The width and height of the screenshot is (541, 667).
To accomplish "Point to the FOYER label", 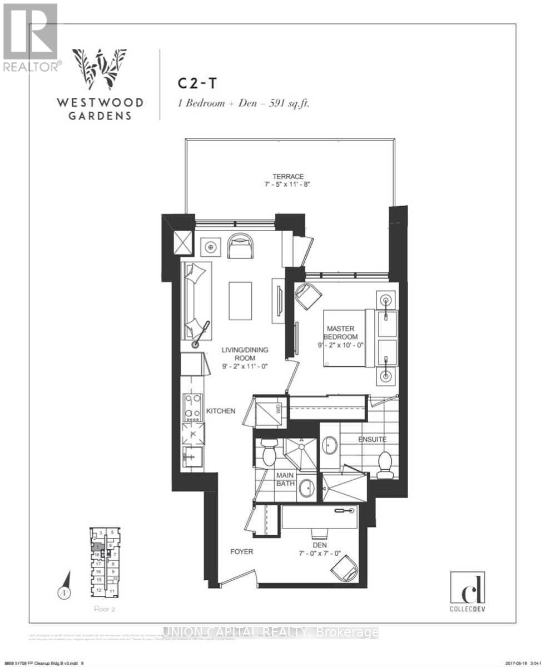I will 241,551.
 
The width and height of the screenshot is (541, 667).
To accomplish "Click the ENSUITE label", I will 372,440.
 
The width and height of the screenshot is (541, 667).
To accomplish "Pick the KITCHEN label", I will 221,411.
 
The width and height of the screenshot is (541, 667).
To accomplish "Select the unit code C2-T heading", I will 197,83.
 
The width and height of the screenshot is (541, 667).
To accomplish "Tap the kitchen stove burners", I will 192,406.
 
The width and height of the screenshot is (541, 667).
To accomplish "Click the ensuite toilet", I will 385,465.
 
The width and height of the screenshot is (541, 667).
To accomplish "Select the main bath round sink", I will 306,489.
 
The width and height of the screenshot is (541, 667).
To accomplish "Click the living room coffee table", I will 240,301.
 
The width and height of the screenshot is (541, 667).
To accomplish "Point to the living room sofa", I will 196,300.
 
